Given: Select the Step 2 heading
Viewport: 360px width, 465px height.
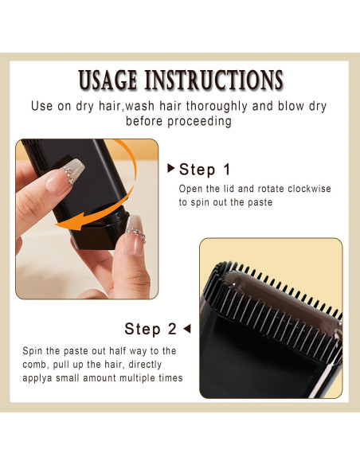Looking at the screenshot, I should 151,329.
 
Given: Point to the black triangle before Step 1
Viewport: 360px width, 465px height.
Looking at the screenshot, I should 170,169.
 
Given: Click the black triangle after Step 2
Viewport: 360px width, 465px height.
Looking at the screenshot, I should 187,328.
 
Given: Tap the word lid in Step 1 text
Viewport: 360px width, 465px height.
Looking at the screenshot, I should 231,189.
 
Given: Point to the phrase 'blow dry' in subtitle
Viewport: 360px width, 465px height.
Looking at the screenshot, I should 301,106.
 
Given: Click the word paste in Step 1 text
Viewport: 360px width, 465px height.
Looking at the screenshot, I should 258,203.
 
